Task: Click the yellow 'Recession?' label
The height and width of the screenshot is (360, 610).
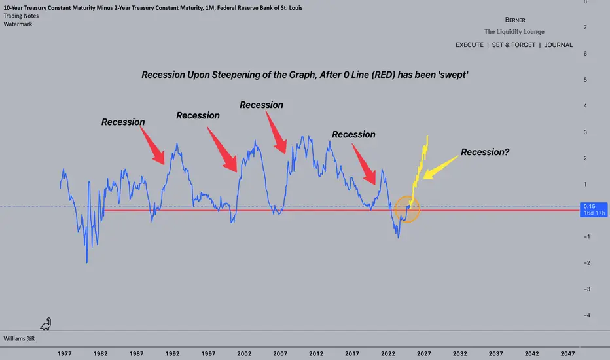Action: point(485,152)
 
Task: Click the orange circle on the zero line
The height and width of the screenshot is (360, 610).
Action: point(407,209)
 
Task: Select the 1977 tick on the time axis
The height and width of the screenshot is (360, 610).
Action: point(64,353)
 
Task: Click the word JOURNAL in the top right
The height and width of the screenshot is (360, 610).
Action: point(558,45)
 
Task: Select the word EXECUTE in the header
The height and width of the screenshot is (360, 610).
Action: point(471,45)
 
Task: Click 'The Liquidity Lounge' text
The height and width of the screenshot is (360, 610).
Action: point(514,32)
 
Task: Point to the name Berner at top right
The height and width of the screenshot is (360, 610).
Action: point(514,20)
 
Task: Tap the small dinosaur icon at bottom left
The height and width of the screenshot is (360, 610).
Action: point(45,323)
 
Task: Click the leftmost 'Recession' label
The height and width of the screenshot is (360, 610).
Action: point(122,122)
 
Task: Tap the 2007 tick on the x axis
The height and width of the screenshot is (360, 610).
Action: point(279,353)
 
